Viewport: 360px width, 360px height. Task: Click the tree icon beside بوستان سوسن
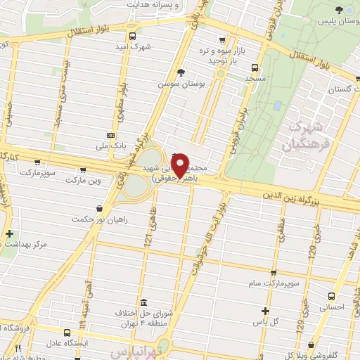181,72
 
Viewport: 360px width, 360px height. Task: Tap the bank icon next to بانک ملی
110,134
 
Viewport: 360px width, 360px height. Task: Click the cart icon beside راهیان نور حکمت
100,208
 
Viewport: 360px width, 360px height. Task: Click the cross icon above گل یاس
265,311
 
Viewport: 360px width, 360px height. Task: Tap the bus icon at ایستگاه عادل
67,333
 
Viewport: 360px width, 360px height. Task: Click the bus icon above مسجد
254,68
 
